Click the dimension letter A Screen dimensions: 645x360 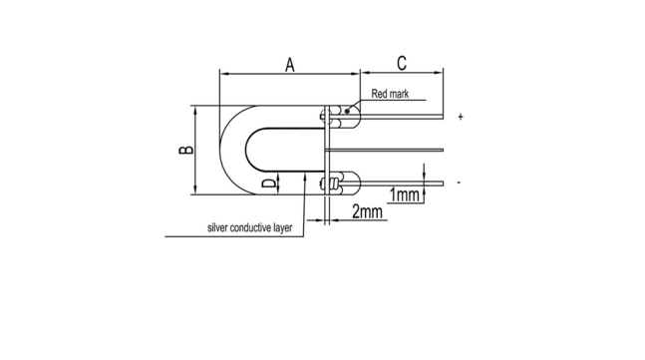(290, 65)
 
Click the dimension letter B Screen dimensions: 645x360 (186, 150)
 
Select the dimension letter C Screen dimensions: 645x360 (402, 64)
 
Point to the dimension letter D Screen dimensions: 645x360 (269, 183)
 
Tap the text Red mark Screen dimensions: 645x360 (390, 94)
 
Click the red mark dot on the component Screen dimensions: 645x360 (347, 111)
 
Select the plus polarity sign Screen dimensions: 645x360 (461, 117)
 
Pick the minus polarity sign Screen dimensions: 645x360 (459, 182)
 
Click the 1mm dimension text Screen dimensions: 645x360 (404, 195)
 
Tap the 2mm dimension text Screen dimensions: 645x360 (367, 211)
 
